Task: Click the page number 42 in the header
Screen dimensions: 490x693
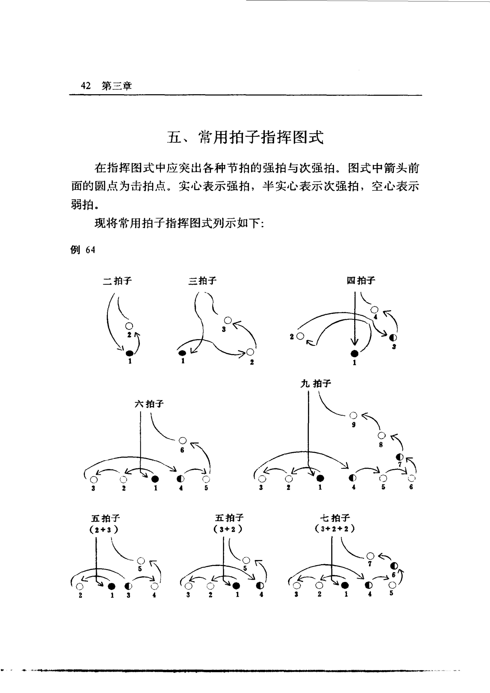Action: pyautogui.click(x=86, y=86)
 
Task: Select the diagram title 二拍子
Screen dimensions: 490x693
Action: pyautogui.click(x=117, y=281)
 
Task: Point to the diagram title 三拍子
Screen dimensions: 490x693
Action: pyautogui.click(x=202, y=281)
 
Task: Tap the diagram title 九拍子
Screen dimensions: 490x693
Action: pyautogui.click(x=316, y=384)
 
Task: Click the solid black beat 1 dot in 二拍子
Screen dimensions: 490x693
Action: pyautogui.click(x=130, y=353)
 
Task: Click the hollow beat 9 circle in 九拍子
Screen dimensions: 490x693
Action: pyautogui.click(x=353, y=415)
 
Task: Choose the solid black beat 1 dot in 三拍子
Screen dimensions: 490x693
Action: pyautogui.click(x=182, y=353)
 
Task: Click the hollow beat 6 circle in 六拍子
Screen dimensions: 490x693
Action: pyautogui.click(x=183, y=441)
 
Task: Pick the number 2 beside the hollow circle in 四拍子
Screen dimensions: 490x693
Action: pyautogui.click(x=292, y=337)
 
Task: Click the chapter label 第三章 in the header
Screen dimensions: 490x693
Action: pyautogui.click(x=117, y=86)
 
